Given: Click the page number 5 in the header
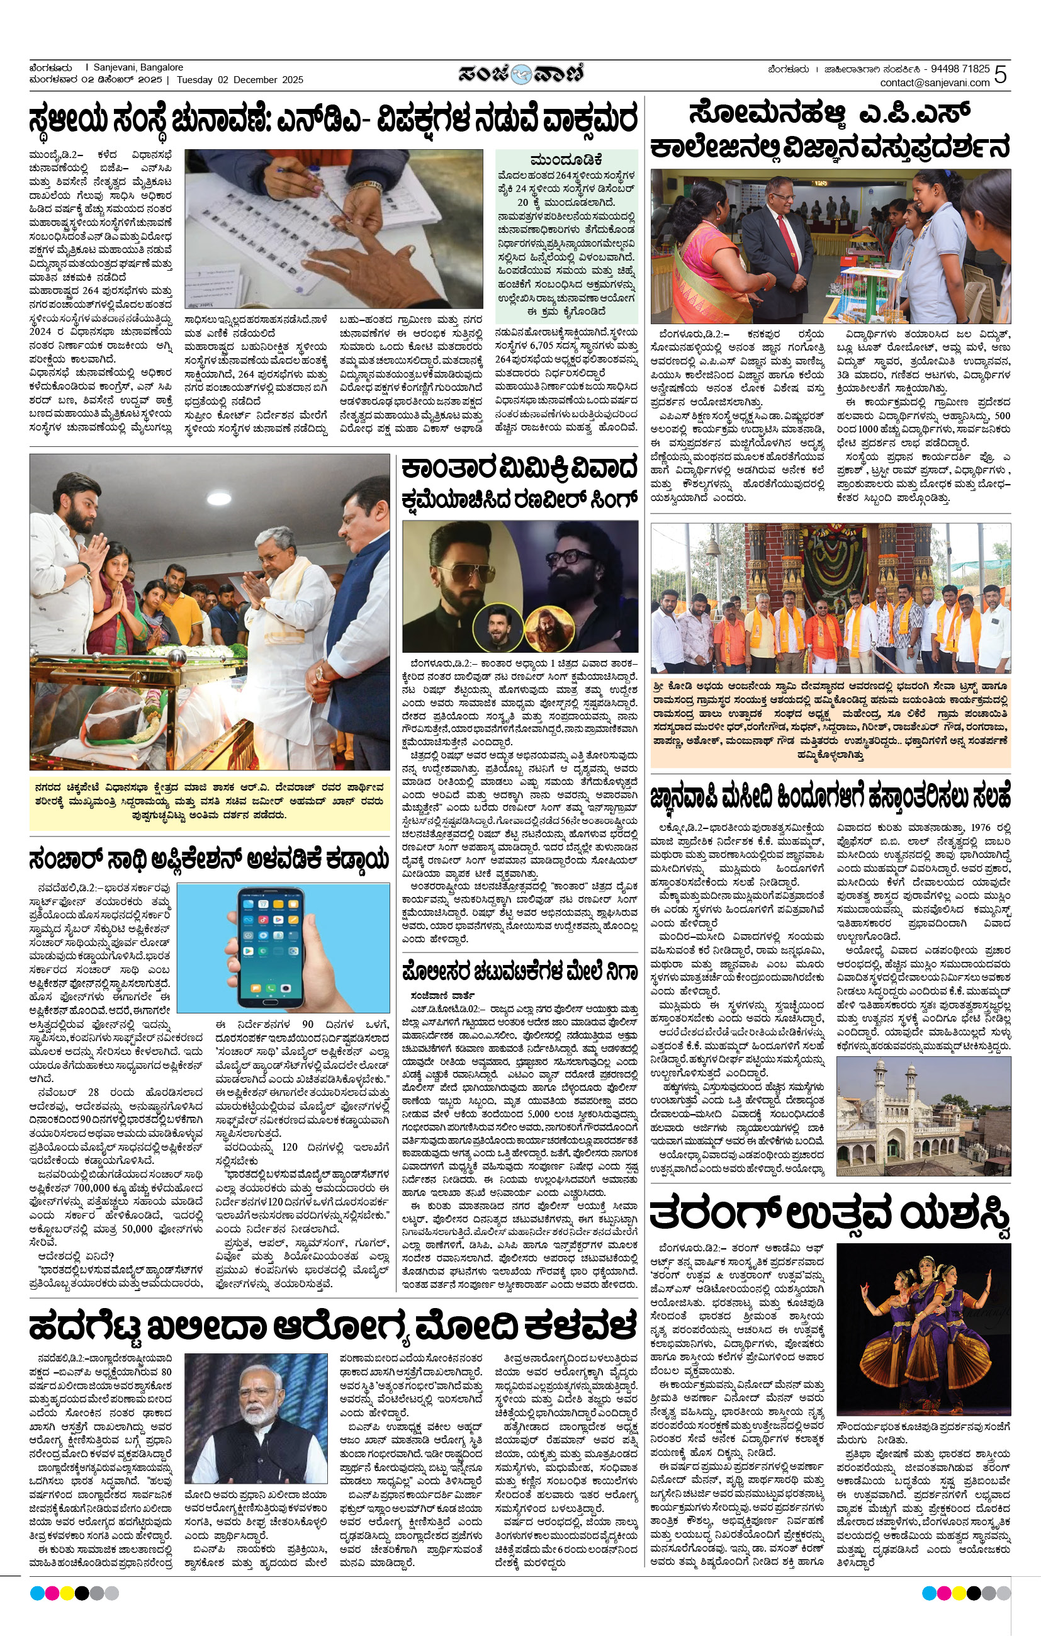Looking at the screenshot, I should tap(1000, 75).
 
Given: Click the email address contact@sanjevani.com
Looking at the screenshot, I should tap(934, 83).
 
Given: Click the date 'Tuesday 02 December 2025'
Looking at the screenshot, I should tap(240, 80).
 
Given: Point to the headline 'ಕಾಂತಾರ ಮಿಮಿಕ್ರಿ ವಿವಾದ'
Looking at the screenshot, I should tap(519, 470).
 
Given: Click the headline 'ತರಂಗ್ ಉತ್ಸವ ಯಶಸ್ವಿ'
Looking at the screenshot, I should tap(830, 1217).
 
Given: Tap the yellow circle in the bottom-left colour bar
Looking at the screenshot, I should tap(67, 1593).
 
